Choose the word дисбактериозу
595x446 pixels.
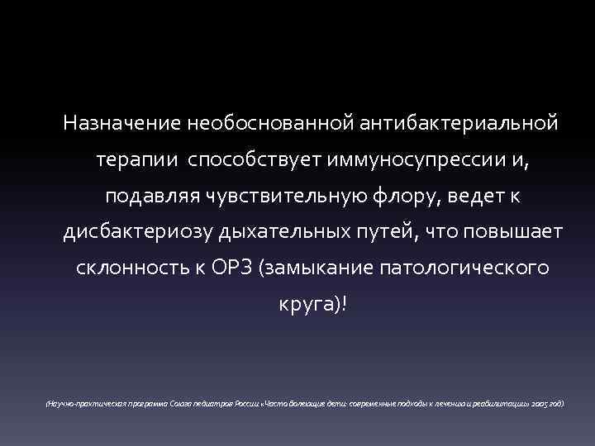[x=139, y=234]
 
